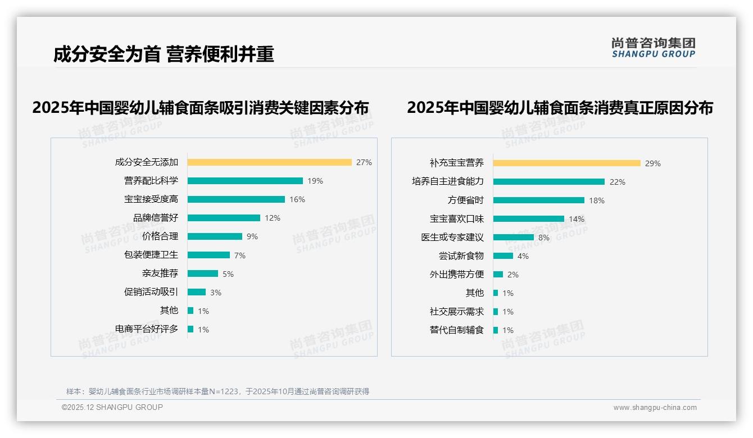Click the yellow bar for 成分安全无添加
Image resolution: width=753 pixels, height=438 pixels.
269,162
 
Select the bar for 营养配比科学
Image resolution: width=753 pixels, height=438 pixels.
245,181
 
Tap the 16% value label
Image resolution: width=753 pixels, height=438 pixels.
297,199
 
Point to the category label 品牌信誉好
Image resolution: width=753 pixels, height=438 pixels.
156,218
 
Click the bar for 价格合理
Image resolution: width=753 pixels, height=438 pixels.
215,236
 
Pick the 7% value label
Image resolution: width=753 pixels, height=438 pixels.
240,255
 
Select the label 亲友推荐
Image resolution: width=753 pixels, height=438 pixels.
160,273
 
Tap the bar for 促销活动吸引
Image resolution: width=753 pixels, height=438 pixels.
197,292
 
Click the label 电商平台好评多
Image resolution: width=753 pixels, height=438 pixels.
147,329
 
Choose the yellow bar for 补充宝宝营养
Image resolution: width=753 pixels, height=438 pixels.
567,163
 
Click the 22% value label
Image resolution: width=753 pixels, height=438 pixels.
618,182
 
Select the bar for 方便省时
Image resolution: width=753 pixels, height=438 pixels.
539,200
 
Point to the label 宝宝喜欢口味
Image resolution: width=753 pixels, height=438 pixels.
457,219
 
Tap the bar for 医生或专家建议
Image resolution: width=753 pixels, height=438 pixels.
514,238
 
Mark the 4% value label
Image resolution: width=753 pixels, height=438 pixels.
523,256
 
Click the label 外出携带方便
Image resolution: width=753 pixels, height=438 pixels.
457,275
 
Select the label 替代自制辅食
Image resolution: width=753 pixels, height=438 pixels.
457,330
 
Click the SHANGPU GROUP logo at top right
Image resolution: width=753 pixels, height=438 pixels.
654,48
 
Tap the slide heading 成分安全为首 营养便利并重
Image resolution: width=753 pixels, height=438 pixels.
164,54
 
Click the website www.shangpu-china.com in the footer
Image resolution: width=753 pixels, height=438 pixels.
655,408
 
